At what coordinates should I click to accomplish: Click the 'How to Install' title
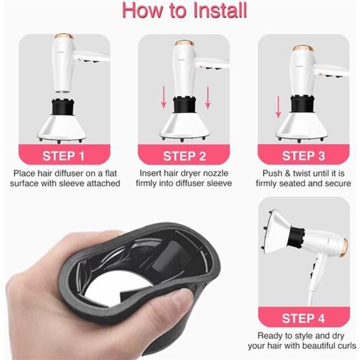coord(184,11)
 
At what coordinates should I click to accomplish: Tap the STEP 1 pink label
coord(63,155)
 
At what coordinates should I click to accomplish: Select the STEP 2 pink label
coord(184,155)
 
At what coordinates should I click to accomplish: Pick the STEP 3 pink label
coord(304,155)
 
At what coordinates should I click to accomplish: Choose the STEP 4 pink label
coord(304,317)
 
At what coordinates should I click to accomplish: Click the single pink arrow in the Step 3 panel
coord(278,107)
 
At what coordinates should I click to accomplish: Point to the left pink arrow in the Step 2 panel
coord(163,97)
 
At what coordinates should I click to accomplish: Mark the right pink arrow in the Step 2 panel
coord(208,97)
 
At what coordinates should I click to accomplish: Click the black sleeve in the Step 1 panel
coord(62,107)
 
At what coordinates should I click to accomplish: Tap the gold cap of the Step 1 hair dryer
coord(65,36)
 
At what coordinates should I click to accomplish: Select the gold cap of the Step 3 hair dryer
coord(303,48)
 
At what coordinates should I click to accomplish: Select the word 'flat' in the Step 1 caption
coord(111,173)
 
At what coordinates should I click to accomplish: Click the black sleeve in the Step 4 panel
coord(296,238)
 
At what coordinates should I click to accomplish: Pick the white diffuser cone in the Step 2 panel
coord(184,125)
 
